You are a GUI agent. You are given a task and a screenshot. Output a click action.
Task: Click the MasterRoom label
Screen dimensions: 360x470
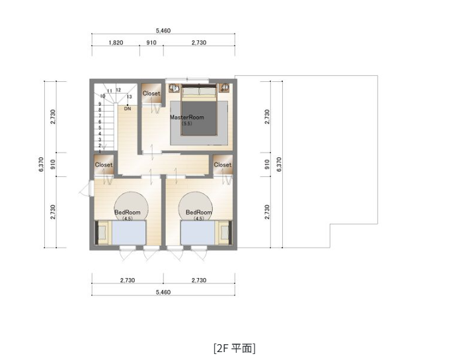[187, 118]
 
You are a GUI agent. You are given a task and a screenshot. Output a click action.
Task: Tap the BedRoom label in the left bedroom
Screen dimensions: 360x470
[128, 213]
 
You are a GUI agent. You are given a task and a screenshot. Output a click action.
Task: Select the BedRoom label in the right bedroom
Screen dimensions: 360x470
[199, 213]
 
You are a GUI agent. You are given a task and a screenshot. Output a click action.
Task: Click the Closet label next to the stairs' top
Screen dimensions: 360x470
[151, 94]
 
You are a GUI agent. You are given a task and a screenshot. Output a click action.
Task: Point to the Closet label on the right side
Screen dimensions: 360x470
[223, 165]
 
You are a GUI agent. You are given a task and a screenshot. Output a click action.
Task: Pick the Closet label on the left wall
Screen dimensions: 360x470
[104, 165]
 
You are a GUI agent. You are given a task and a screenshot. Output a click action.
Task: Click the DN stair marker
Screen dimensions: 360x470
[127, 108]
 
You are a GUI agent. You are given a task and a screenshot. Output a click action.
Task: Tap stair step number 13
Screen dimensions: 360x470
[129, 97]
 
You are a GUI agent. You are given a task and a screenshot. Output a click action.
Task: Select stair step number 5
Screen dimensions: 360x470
[100, 127]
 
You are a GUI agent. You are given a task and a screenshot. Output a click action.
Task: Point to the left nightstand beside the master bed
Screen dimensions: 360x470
[175, 88]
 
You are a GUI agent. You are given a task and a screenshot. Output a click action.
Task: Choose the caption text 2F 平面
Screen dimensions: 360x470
[235, 347]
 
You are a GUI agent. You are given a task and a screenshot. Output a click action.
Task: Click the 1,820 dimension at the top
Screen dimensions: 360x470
[116, 42]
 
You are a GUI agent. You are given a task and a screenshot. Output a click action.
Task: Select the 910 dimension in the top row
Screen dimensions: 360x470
[151, 42]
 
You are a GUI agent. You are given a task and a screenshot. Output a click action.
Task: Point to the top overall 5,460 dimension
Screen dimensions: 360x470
[163, 30]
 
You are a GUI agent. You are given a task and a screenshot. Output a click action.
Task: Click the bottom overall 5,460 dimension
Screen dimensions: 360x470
[163, 292]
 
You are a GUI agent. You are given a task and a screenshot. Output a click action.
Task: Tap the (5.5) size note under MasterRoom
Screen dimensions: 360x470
[187, 124]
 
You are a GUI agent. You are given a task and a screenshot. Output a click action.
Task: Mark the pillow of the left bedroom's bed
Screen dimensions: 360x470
[103, 234]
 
